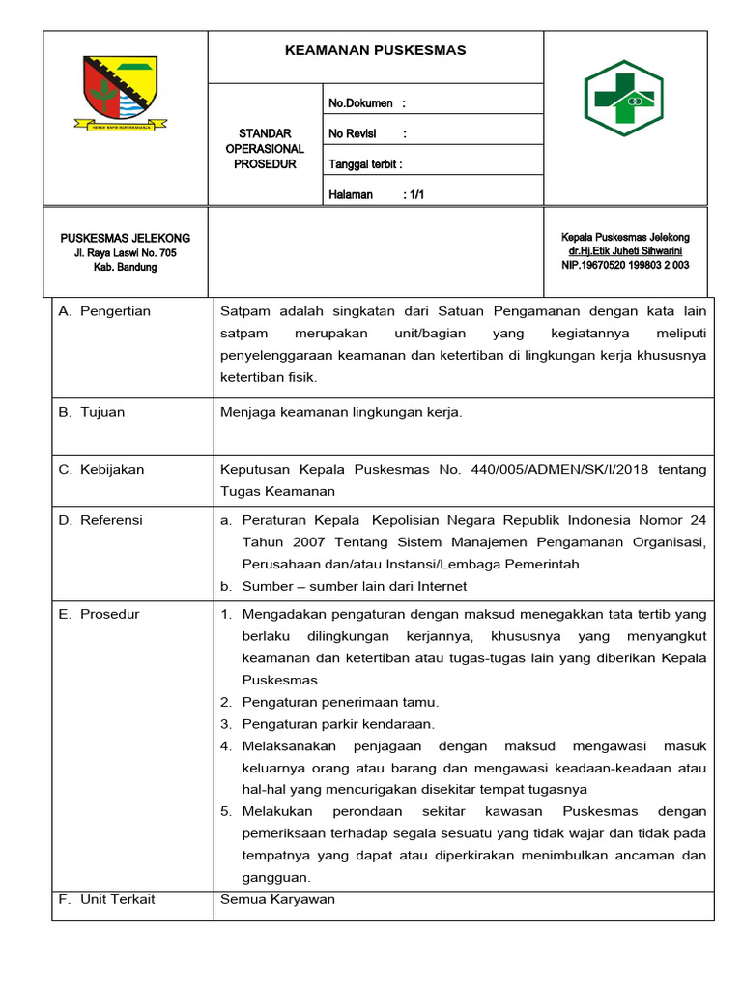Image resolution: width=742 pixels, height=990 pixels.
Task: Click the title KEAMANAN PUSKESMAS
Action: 375,50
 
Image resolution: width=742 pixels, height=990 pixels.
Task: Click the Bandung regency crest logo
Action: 121,92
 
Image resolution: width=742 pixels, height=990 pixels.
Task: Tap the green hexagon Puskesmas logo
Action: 624,98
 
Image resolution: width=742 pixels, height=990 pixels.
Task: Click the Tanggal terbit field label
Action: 365,164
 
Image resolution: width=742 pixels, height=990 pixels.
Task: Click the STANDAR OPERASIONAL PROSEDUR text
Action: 264,149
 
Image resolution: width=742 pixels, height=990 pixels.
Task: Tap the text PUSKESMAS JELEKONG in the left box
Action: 126,238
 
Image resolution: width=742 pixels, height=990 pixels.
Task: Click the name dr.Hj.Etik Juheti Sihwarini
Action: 625,251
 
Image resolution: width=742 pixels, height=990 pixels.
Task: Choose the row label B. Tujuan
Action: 92,412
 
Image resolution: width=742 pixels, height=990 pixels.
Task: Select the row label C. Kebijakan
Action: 101,470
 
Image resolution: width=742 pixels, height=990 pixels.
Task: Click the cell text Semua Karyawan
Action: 277,899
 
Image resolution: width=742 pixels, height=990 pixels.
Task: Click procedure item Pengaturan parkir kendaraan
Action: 338,724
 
